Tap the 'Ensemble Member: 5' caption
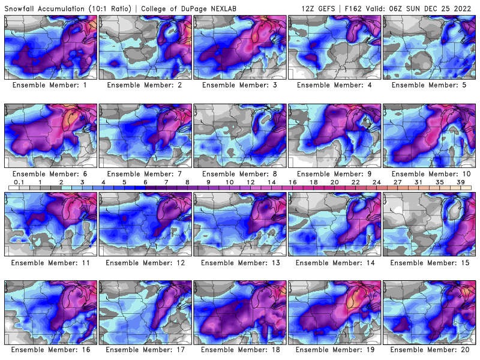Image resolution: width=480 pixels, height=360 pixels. pyautogui.click(x=430, y=85)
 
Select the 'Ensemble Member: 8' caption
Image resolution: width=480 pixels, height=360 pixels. pyautogui.click(x=239, y=174)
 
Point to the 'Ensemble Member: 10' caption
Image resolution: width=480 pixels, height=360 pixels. pyautogui.click(x=430, y=174)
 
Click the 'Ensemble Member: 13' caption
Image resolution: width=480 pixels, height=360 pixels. pyautogui.click(x=239, y=262)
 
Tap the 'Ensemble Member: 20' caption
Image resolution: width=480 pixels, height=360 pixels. pyautogui.click(x=430, y=349)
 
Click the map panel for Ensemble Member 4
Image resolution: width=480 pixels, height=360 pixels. pyautogui.click(x=335, y=47)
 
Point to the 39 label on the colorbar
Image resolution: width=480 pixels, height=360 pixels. pyautogui.click(x=461, y=182)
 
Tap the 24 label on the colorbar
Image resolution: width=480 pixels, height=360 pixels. pyautogui.click(x=377, y=182)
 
